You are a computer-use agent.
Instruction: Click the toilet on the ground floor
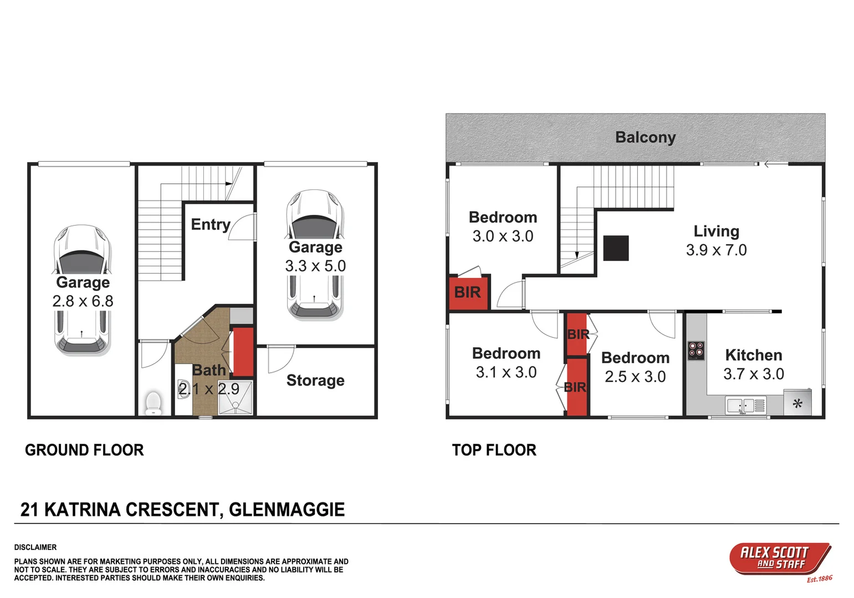152,403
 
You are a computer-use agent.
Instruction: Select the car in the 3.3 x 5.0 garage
315,255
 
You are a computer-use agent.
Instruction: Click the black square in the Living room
616,248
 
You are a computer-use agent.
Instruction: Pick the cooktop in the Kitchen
696,350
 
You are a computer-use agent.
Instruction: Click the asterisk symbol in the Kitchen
797,404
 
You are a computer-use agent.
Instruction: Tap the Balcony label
645,137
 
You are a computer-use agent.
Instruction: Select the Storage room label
315,380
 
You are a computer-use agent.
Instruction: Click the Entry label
211,224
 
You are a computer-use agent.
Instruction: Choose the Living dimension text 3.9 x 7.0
716,250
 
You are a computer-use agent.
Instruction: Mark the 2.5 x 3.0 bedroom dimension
635,377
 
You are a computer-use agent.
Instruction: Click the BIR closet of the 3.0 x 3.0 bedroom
468,292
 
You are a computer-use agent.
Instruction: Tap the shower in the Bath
236,398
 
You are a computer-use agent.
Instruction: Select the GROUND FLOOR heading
84,450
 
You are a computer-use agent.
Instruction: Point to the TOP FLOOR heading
494,450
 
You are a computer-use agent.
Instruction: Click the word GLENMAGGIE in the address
287,509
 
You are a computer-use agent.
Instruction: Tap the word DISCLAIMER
35,547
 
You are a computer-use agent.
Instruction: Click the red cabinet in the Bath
243,352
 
